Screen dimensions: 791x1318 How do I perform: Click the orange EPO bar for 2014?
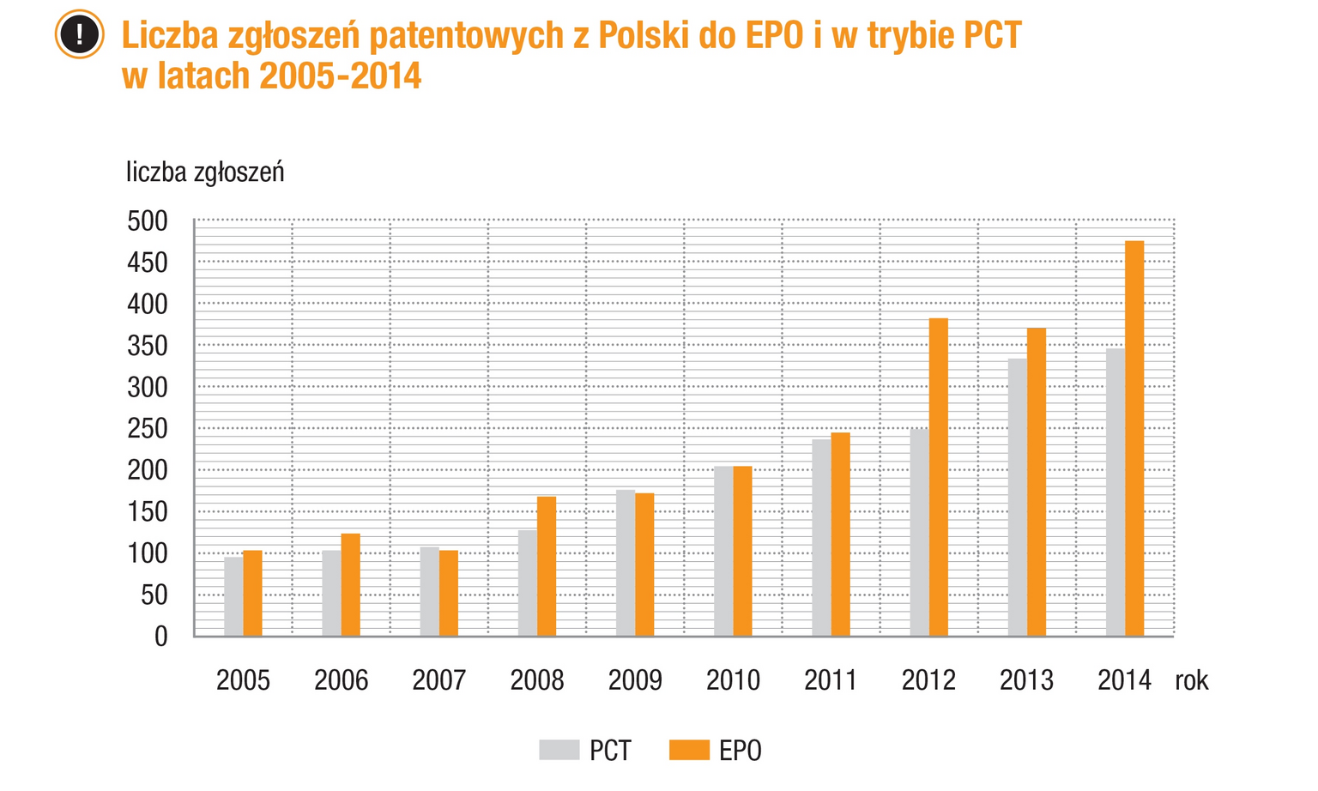pos(1134,438)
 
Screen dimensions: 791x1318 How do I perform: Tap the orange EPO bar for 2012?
pos(938,477)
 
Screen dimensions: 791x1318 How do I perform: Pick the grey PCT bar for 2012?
pos(919,532)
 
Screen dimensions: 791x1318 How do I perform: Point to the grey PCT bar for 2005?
pos(233,596)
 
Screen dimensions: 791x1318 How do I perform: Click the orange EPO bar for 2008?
pos(547,566)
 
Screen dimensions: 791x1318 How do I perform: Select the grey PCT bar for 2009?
pos(626,563)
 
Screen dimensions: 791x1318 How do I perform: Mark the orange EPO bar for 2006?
pos(350,584)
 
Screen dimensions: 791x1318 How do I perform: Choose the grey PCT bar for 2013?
pos(1017,497)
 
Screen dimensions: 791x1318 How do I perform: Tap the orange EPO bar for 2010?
pos(742,551)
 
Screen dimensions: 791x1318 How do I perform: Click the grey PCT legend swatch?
pos(559,750)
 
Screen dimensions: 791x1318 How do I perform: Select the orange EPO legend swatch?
pos(689,750)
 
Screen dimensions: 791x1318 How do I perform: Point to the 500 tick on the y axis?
pos(148,221)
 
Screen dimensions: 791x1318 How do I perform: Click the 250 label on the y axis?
pos(148,429)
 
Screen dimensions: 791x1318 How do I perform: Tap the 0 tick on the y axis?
pos(160,637)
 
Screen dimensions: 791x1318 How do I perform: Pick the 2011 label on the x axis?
pos(831,680)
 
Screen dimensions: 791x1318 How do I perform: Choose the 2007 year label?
pos(438,680)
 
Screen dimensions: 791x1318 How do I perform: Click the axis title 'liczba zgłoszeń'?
pos(205,172)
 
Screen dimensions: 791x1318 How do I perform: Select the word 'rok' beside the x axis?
pos(1192,680)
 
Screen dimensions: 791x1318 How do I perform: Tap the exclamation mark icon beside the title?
pos(80,35)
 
